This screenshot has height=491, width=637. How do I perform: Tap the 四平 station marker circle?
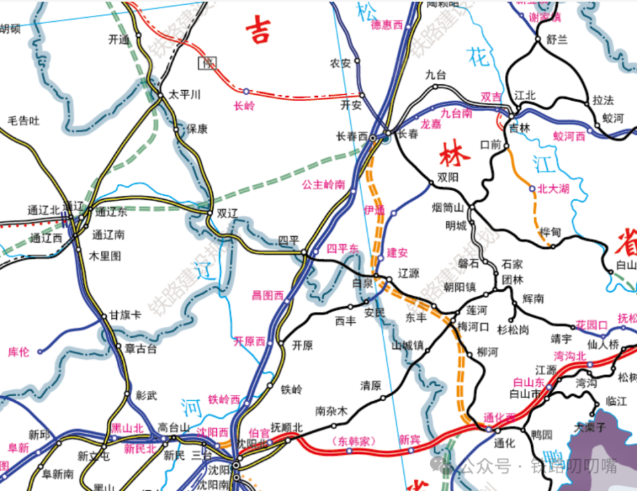pyautogui.click(x=304, y=253)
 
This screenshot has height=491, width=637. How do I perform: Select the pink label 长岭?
pyautogui.click(x=245, y=105)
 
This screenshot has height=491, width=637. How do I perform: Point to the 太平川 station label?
pyautogui.click(x=184, y=95)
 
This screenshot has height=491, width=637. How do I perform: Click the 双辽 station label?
pyautogui.click(x=227, y=214)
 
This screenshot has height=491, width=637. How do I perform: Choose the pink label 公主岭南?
pyautogui.click(x=323, y=184)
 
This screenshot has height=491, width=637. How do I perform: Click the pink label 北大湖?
pyautogui.click(x=553, y=189)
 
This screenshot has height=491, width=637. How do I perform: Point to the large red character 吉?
pyautogui.click(x=264, y=30)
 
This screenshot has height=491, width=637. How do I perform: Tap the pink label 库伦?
pyautogui.click(x=19, y=352)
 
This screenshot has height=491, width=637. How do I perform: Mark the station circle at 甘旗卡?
pyautogui.click(x=104, y=316)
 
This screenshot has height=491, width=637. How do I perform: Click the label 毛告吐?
pyautogui.click(x=24, y=121)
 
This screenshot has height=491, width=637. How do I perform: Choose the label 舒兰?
pyautogui.click(x=557, y=39)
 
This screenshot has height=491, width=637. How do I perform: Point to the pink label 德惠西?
pyautogui.click(x=387, y=25)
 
